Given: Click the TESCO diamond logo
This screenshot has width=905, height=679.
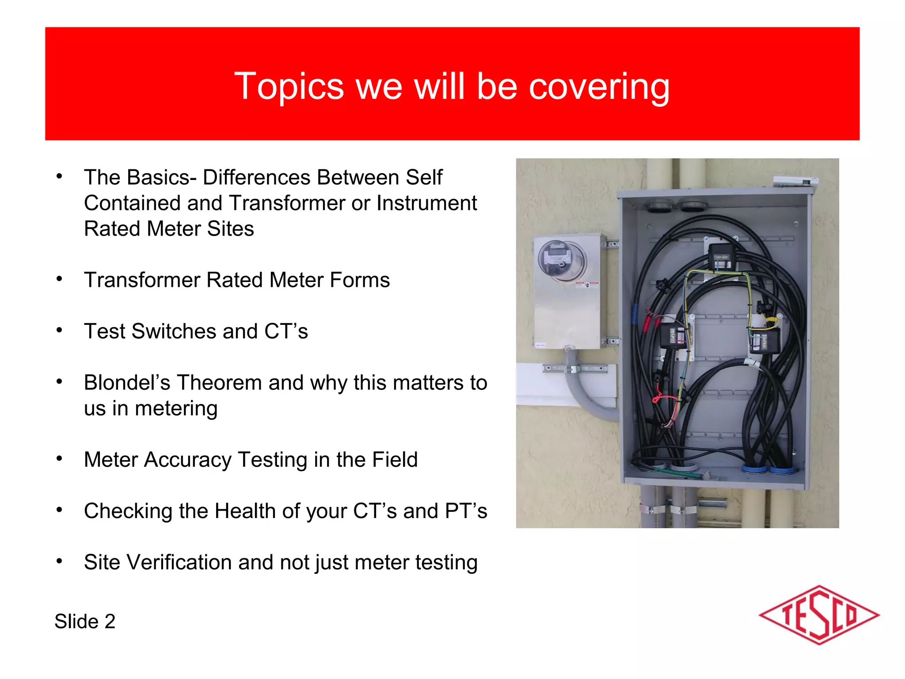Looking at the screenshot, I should point(819,615).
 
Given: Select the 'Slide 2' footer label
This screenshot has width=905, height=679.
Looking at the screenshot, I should point(85,621).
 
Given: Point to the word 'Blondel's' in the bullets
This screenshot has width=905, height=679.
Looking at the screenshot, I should point(127,382).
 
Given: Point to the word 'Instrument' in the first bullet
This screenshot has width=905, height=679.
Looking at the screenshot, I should point(426,203).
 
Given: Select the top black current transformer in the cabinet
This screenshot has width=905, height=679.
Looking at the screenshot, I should point(722,256).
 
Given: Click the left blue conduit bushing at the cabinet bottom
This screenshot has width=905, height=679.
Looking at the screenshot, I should point(754,468).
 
